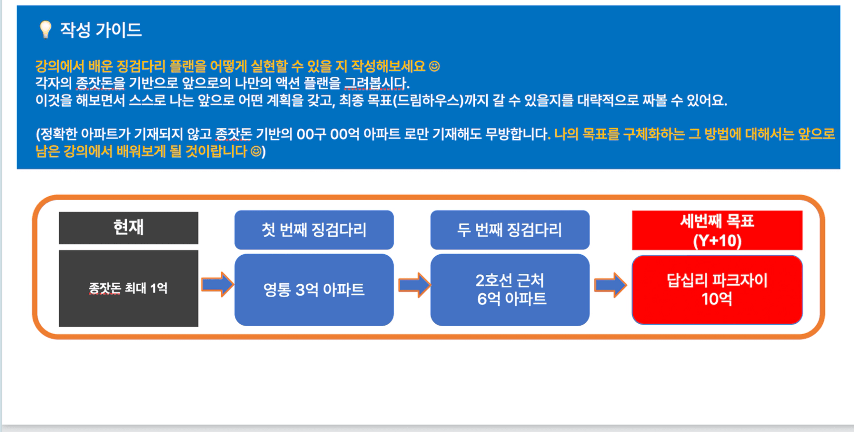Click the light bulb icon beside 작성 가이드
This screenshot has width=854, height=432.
(45, 30)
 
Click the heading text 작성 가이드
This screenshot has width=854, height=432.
(101, 30)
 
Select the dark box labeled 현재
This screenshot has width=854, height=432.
(128, 228)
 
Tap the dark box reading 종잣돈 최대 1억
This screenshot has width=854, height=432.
(128, 288)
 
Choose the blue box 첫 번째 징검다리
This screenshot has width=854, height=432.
(314, 230)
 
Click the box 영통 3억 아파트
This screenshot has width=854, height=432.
(314, 290)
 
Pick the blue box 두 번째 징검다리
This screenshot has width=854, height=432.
(510, 230)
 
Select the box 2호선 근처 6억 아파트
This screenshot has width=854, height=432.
(510, 290)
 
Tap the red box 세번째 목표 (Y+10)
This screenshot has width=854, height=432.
(717, 230)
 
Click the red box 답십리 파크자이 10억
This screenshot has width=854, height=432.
(717, 290)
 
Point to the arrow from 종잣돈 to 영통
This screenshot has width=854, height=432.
(217, 285)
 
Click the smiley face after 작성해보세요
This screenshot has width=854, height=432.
(434, 66)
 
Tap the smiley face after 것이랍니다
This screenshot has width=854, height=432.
(256, 152)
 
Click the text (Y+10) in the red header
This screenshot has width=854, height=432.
(717, 241)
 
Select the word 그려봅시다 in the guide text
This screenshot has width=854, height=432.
(377, 83)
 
